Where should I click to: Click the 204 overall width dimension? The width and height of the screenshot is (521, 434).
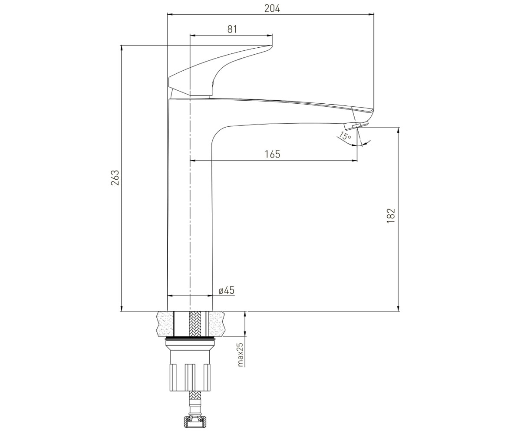tap(272, 9)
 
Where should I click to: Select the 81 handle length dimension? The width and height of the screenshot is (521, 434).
tap(232, 29)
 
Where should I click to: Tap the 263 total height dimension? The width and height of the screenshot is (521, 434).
tap(115, 178)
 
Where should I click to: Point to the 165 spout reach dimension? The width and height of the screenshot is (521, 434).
tap(273, 154)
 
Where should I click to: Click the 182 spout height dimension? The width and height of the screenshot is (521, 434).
tap(391, 216)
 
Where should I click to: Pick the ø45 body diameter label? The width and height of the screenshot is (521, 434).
tap(227, 290)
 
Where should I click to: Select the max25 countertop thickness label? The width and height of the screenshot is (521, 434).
tap(240, 355)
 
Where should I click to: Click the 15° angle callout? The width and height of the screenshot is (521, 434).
tap(345, 136)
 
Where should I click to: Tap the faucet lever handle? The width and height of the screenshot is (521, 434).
tap(221, 71)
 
